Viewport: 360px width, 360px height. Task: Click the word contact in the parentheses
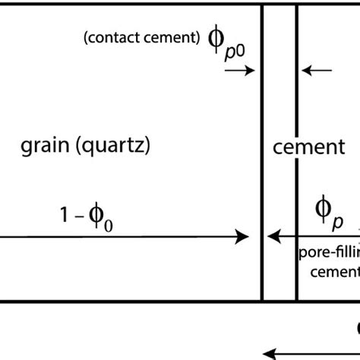115,38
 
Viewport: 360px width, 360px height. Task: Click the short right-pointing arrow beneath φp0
239,71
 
